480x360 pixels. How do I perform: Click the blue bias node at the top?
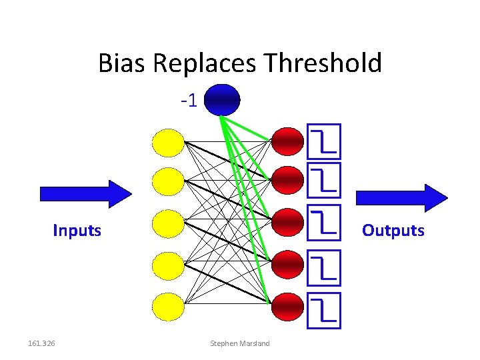tap(222, 101)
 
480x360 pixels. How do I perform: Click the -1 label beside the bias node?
tap(189, 101)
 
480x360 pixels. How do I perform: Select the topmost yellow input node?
tap(168, 141)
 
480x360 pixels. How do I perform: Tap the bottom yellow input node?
tap(168, 306)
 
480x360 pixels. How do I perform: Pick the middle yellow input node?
tap(168, 223)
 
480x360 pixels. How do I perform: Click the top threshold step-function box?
tap(325, 141)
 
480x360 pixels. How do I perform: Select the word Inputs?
tap(77, 231)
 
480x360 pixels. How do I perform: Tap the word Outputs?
tap(393, 231)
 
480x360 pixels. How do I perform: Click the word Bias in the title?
tap(123, 64)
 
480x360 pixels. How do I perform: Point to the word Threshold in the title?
tap(323, 64)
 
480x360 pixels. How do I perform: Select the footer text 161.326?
tap(42, 343)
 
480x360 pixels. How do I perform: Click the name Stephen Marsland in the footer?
tap(240, 343)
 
